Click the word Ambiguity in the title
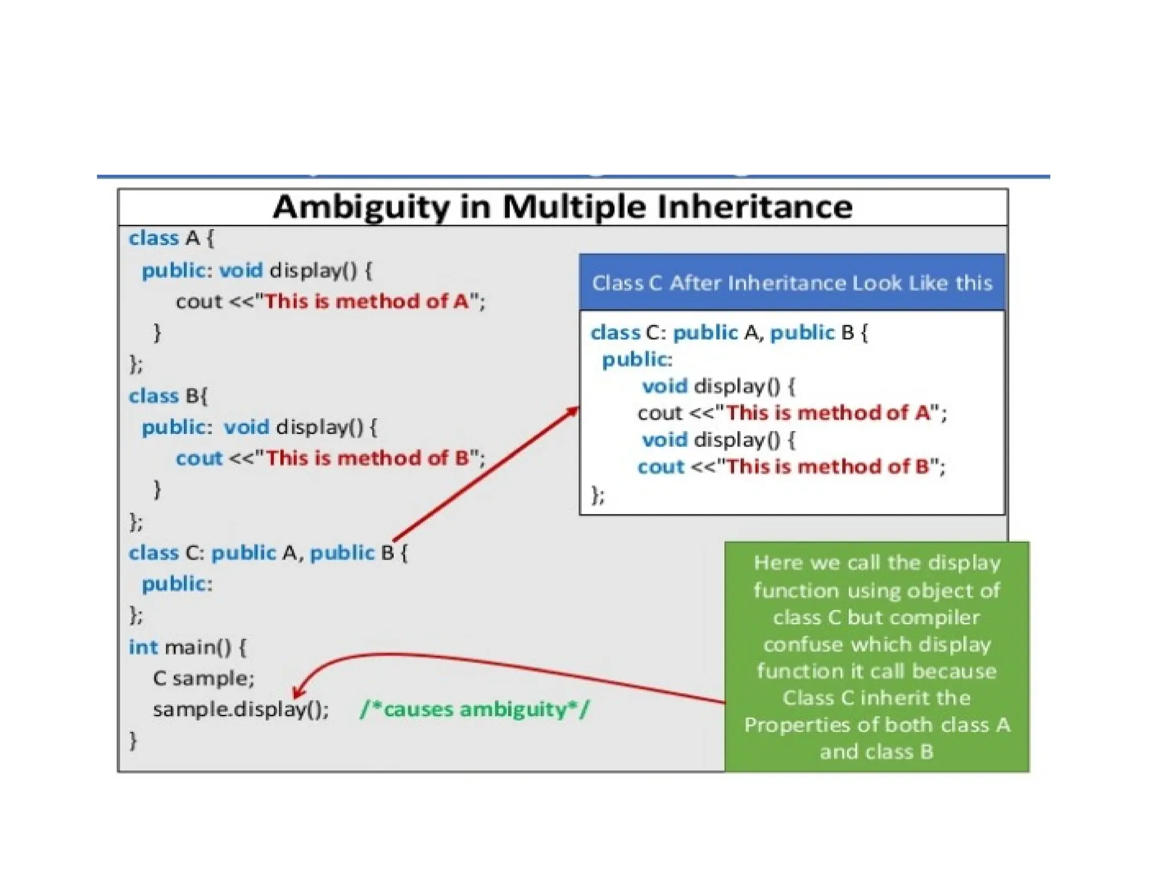(361, 207)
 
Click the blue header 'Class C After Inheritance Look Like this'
(791, 283)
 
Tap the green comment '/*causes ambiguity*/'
(475, 709)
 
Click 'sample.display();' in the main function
(240, 709)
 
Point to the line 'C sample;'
(203, 678)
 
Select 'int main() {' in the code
(187, 647)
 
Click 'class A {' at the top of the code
(171, 238)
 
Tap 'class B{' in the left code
(169, 395)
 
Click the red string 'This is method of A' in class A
(367, 301)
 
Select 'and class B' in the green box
(876, 752)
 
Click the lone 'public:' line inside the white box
(637, 359)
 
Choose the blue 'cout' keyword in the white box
(660, 467)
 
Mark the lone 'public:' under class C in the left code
(177, 584)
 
